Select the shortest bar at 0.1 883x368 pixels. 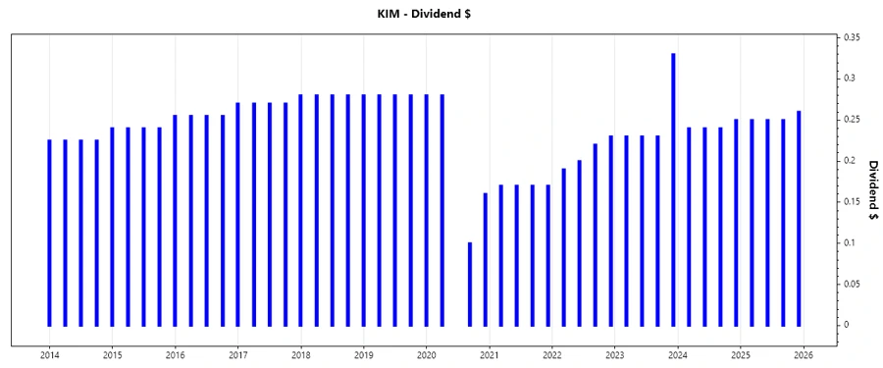click(x=470, y=284)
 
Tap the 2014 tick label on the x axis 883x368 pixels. click(x=49, y=354)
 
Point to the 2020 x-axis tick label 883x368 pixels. click(x=426, y=354)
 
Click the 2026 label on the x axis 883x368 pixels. click(x=803, y=354)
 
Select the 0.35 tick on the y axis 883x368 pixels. click(x=854, y=36)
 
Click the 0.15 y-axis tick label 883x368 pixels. click(x=854, y=201)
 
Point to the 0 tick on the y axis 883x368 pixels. click(x=849, y=325)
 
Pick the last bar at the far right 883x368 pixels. click(x=799, y=218)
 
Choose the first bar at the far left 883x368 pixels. click(x=50, y=233)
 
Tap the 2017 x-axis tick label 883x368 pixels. click(x=237, y=354)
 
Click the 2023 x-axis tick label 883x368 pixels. click(x=614, y=354)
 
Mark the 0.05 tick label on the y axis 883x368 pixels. click(x=854, y=284)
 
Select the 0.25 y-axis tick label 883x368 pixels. click(x=854, y=119)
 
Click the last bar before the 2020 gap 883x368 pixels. click(x=442, y=210)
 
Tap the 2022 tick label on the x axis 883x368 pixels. click(x=551, y=354)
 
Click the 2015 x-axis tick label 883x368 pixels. click(x=112, y=354)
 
